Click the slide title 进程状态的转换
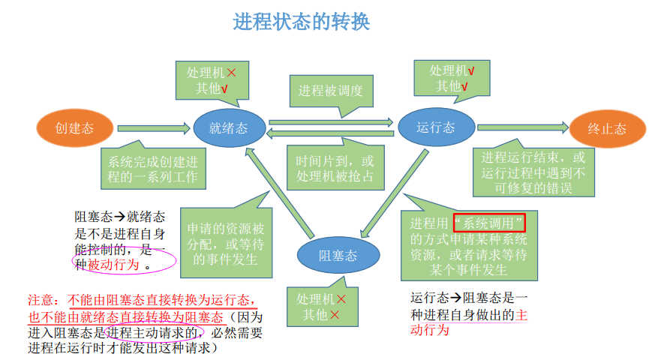tap(302, 22)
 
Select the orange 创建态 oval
tap(75, 128)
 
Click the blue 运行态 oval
tap(436, 127)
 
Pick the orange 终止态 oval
tap(607, 128)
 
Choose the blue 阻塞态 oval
tap(338, 255)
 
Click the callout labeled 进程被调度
tap(330, 91)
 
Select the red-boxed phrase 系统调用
tap(489, 222)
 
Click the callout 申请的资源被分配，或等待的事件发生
tap(226, 240)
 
